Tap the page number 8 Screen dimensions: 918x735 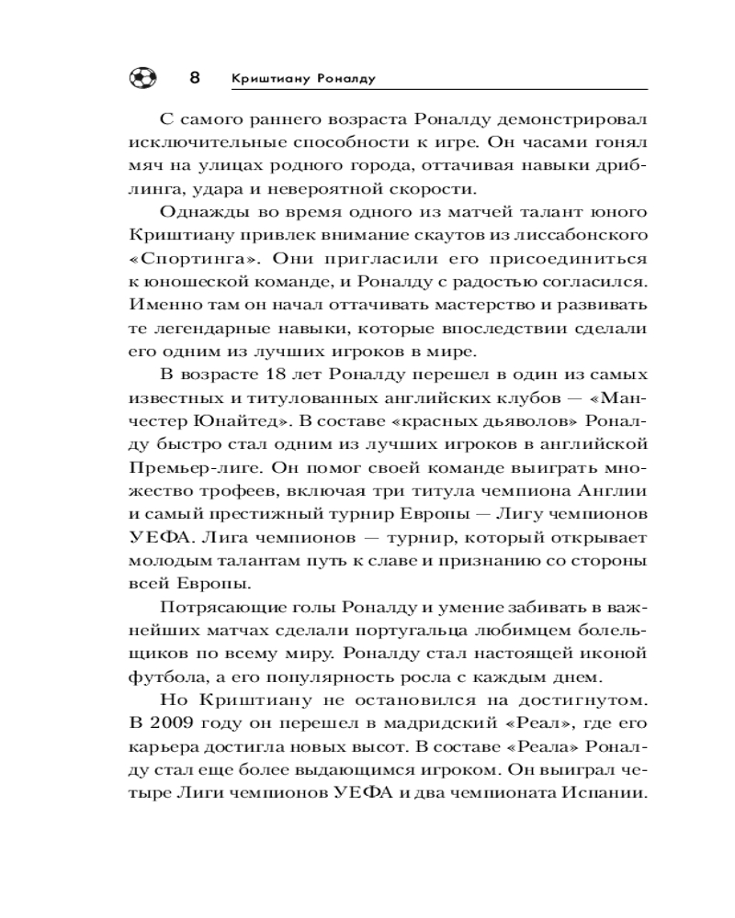[194, 77]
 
